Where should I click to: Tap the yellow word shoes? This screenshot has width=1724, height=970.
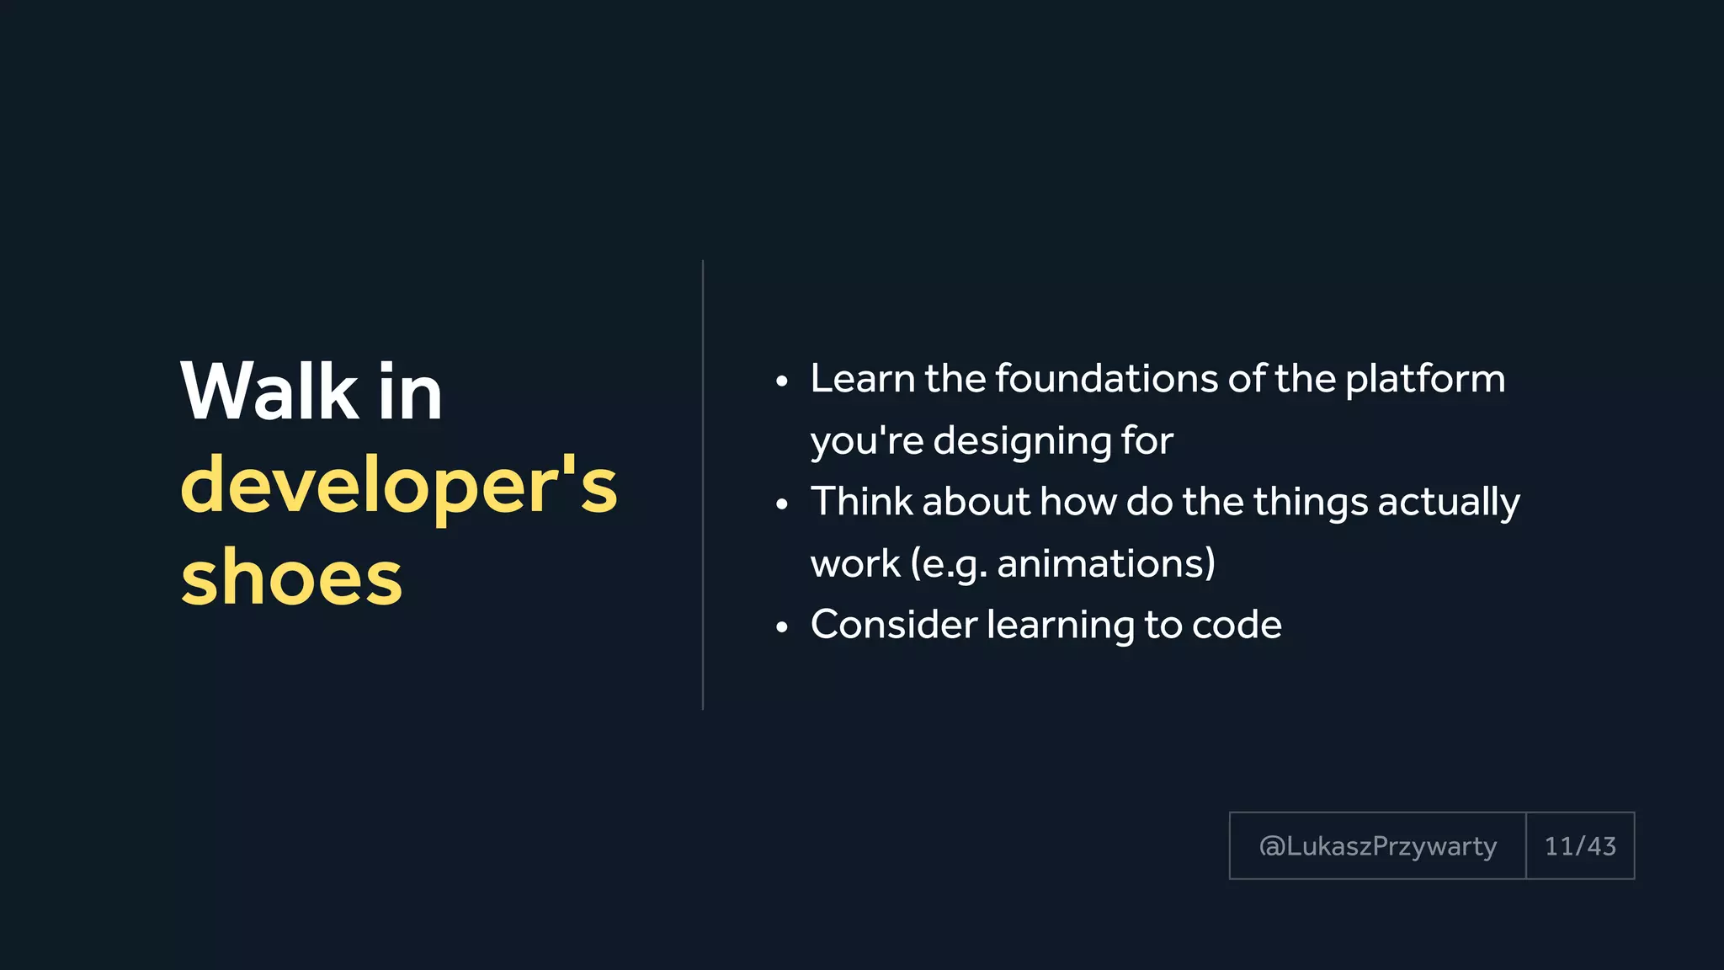pyautogui.click(x=291, y=578)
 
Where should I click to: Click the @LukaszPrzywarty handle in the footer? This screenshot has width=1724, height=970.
pyautogui.click(x=1377, y=846)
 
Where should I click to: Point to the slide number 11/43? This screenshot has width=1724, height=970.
pyautogui.click(x=1580, y=846)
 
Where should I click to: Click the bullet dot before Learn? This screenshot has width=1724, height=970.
pyautogui.click(x=782, y=382)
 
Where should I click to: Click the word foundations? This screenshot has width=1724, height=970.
pyautogui.click(x=1106, y=379)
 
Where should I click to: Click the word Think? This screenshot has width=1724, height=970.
pyautogui.click(x=861, y=502)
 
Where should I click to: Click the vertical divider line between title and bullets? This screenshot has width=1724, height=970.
pyautogui.click(x=703, y=485)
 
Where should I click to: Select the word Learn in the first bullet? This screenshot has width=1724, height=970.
pyautogui.click(x=862, y=379)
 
